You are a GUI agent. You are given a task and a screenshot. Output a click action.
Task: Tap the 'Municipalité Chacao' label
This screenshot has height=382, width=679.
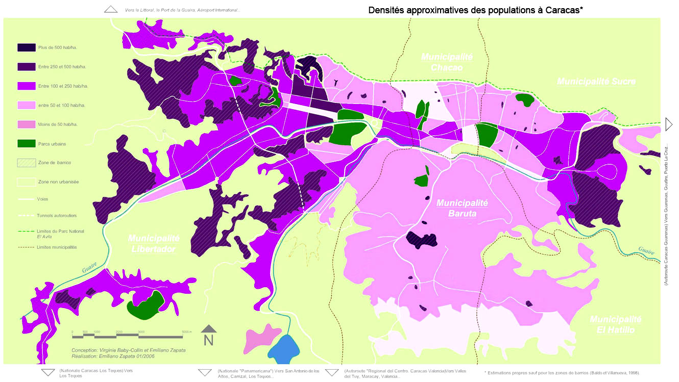click(447, 62)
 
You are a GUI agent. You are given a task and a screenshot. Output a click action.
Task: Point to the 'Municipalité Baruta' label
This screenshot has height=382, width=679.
click(462, 208)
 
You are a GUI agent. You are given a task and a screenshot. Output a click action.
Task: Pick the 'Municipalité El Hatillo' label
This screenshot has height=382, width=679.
click(615, 324)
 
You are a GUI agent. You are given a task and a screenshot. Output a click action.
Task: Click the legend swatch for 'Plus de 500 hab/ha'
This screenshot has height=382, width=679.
click(27, 47)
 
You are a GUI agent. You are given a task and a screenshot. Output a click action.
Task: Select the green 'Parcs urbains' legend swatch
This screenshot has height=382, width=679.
click(27, 144)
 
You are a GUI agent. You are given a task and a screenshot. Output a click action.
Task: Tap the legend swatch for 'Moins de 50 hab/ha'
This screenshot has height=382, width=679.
click(27, 124)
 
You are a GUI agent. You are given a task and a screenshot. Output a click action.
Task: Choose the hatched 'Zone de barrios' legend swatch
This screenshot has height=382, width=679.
click(27, 163)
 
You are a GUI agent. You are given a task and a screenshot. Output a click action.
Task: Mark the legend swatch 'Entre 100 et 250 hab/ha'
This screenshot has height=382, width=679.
click(27, 86)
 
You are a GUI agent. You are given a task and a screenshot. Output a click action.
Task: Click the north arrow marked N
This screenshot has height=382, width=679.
click(208, 336)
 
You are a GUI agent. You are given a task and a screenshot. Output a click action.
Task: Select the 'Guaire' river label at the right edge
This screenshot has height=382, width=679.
click(645, 250)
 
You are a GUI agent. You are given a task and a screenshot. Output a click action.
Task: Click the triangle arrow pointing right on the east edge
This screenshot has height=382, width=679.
click(669, 124)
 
